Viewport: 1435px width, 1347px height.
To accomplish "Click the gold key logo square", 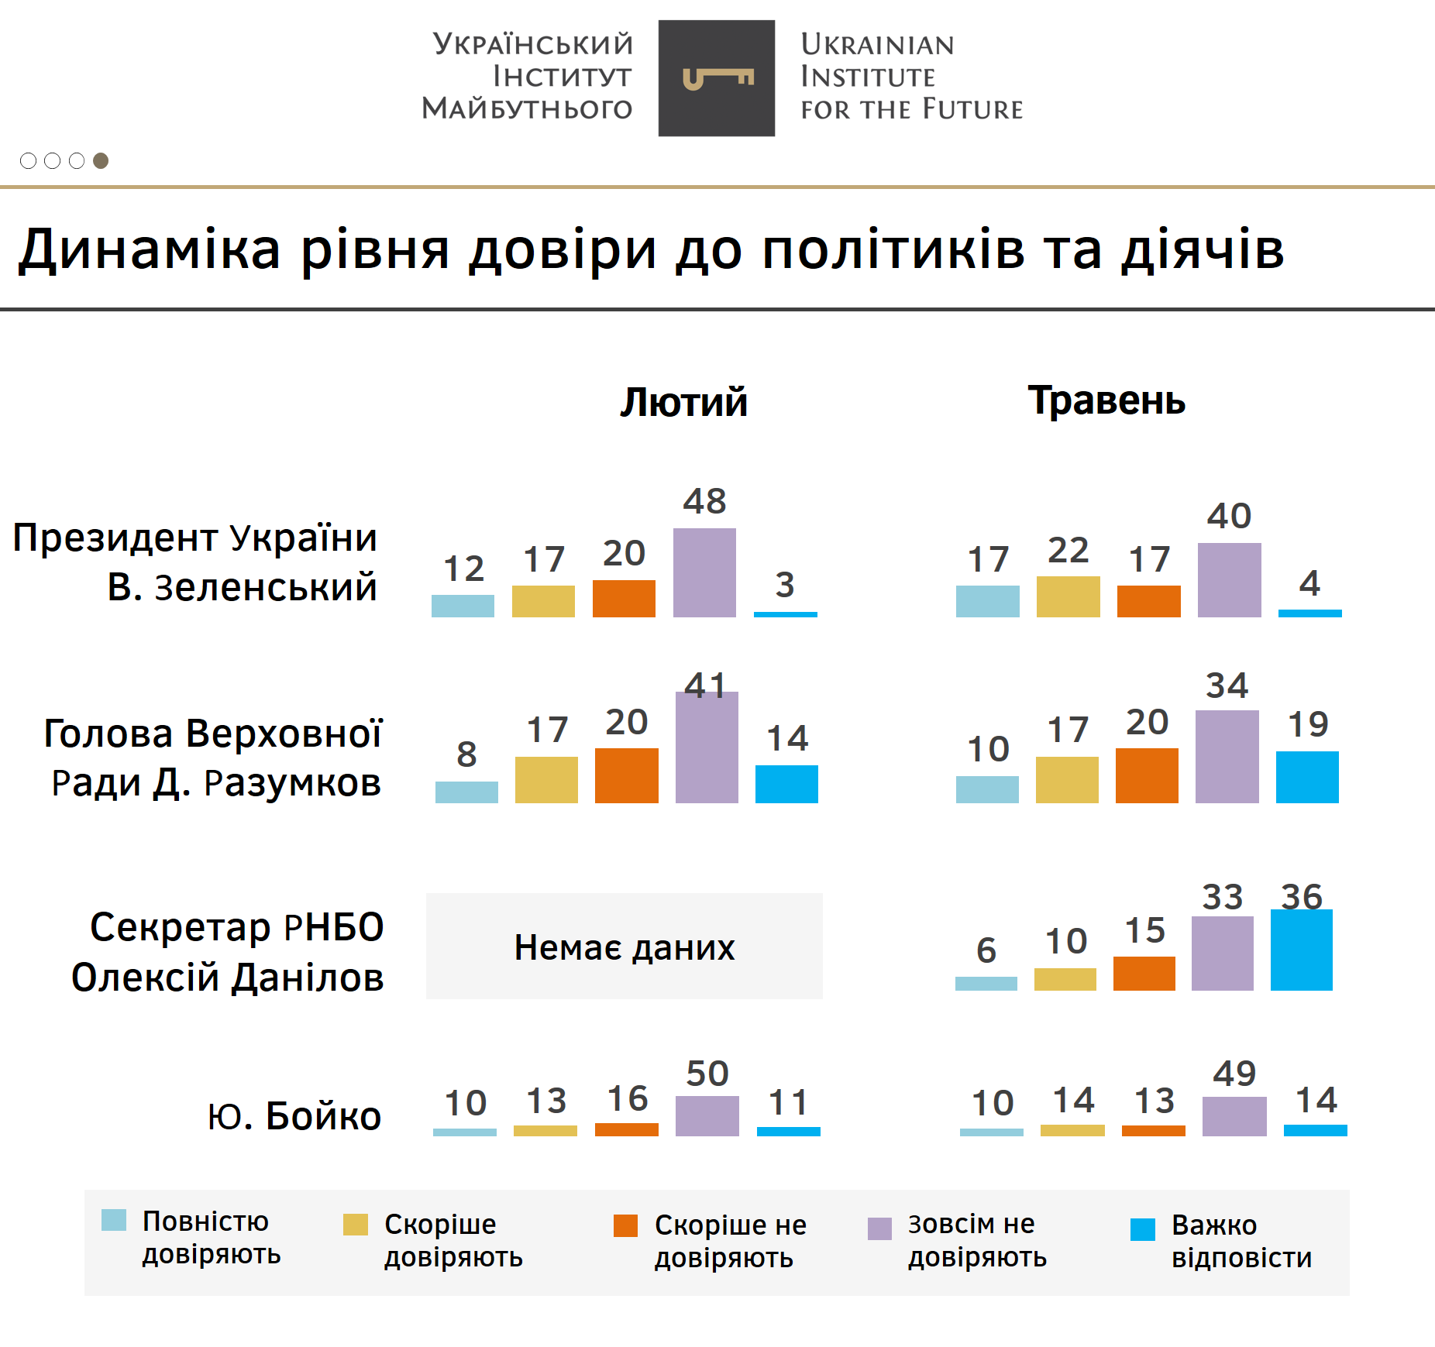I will [716, 78].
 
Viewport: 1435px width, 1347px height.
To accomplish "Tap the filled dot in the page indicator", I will [101, 160].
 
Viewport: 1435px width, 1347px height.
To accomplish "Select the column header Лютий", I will [683, 402].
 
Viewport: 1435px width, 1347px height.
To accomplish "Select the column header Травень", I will [1106, 400].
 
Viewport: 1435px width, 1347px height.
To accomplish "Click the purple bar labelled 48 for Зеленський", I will [704, 572].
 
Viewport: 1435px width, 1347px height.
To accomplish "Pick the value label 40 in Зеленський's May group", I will [1229, 516].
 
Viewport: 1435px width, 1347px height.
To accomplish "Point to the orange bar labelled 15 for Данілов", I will [1144, 973].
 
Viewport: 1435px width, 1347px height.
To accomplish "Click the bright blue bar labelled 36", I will [1301, 950].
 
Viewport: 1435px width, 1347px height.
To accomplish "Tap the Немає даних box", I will [624, 946].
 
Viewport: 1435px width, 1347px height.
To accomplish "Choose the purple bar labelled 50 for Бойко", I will [707, 1115].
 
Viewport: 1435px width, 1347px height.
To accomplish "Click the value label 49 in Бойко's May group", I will [1234, 1074].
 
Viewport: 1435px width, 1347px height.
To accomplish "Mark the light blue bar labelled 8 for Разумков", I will [466, 792].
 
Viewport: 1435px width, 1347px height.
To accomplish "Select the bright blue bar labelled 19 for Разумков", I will [1307, 777].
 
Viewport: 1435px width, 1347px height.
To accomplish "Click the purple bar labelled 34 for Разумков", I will [1227, 756].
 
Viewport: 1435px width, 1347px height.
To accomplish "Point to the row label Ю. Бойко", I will [294, 1116].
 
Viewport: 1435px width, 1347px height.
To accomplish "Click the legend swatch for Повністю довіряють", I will [114, 1220].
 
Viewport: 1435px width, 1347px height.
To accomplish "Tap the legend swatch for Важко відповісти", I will [1142, 1229].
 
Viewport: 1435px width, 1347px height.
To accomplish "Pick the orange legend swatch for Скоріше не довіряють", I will [625, 1225].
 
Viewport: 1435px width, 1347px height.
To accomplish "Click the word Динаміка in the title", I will [150, 249].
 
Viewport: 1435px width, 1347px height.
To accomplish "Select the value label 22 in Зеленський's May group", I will [1068, 551].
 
